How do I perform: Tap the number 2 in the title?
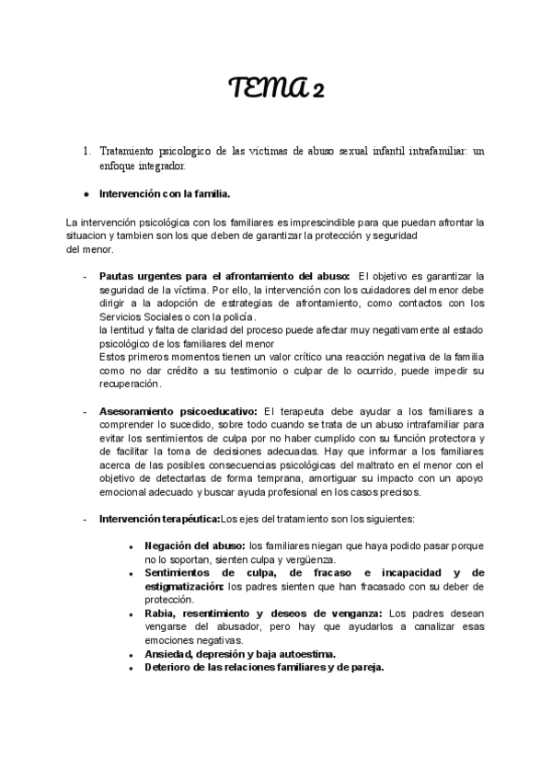coord(317,91)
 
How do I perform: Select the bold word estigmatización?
coord(183,586)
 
